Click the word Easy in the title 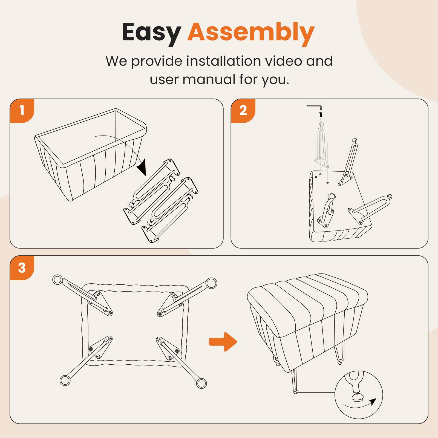coord(151,32)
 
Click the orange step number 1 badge coord(22,111)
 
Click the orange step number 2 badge coord(243,111)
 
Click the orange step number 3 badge coord(22,268)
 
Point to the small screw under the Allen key coord(321,114)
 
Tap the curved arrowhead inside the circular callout coord(373,402)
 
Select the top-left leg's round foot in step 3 coord(57,280)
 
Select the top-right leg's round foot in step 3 coord(211,283)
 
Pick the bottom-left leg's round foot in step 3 coord(65,380)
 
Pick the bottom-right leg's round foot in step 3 coord(201,383)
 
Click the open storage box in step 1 coord(90,153)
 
